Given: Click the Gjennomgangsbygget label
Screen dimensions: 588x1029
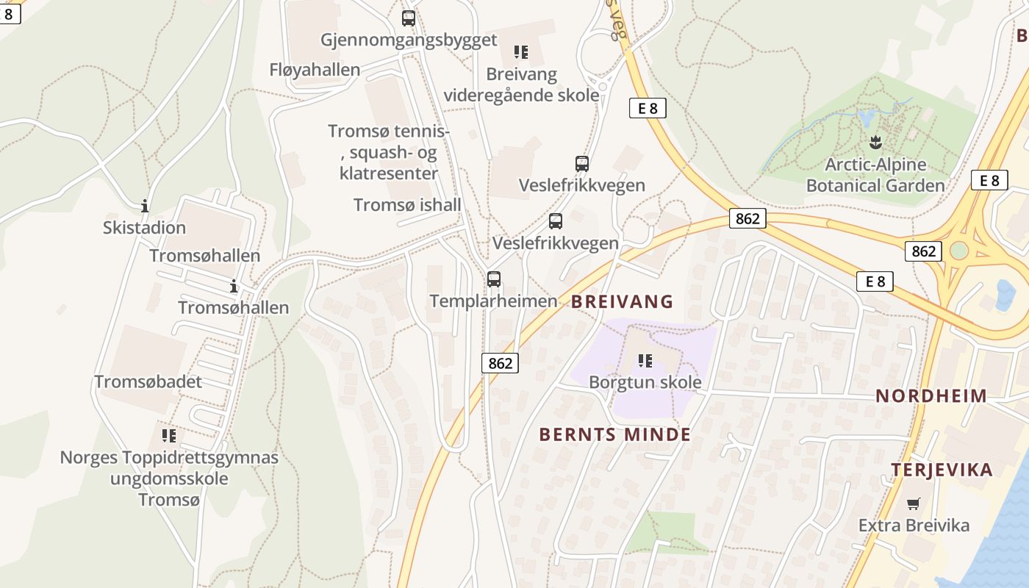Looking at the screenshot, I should point(409,40).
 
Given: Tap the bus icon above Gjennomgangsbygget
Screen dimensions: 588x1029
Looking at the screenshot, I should point(409,18).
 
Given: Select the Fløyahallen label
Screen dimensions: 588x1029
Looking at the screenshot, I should point(315,70).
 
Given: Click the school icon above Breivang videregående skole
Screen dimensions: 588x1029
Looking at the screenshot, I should point(521,51).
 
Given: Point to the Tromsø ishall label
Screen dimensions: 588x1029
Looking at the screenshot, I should point(407,205).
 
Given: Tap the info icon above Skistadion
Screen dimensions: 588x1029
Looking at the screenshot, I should point(145,206).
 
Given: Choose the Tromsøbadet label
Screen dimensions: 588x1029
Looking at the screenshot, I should point(148,381).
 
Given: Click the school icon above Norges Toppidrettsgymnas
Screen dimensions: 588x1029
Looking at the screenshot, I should point(169,436).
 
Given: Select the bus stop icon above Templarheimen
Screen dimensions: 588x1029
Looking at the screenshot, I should point(494,279).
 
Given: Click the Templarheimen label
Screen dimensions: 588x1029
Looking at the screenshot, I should point(494,301).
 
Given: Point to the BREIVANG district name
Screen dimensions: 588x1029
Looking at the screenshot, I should point(623,301).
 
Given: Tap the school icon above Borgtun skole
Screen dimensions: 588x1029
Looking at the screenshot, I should point(645,361).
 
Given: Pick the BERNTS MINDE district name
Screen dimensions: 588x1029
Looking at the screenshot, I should point(615,434).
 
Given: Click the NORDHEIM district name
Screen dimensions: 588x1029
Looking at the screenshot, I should point(931,396).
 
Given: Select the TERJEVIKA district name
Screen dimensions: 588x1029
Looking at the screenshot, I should point(942,470).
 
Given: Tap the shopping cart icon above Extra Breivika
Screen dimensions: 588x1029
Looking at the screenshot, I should point(914,504).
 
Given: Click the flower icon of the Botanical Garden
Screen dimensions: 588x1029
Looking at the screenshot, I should point(875,142).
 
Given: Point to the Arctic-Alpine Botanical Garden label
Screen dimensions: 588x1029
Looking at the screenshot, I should point(875,175).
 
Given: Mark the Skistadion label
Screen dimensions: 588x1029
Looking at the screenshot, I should point(144,228).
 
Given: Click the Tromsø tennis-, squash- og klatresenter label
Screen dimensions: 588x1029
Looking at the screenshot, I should point(389,152).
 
